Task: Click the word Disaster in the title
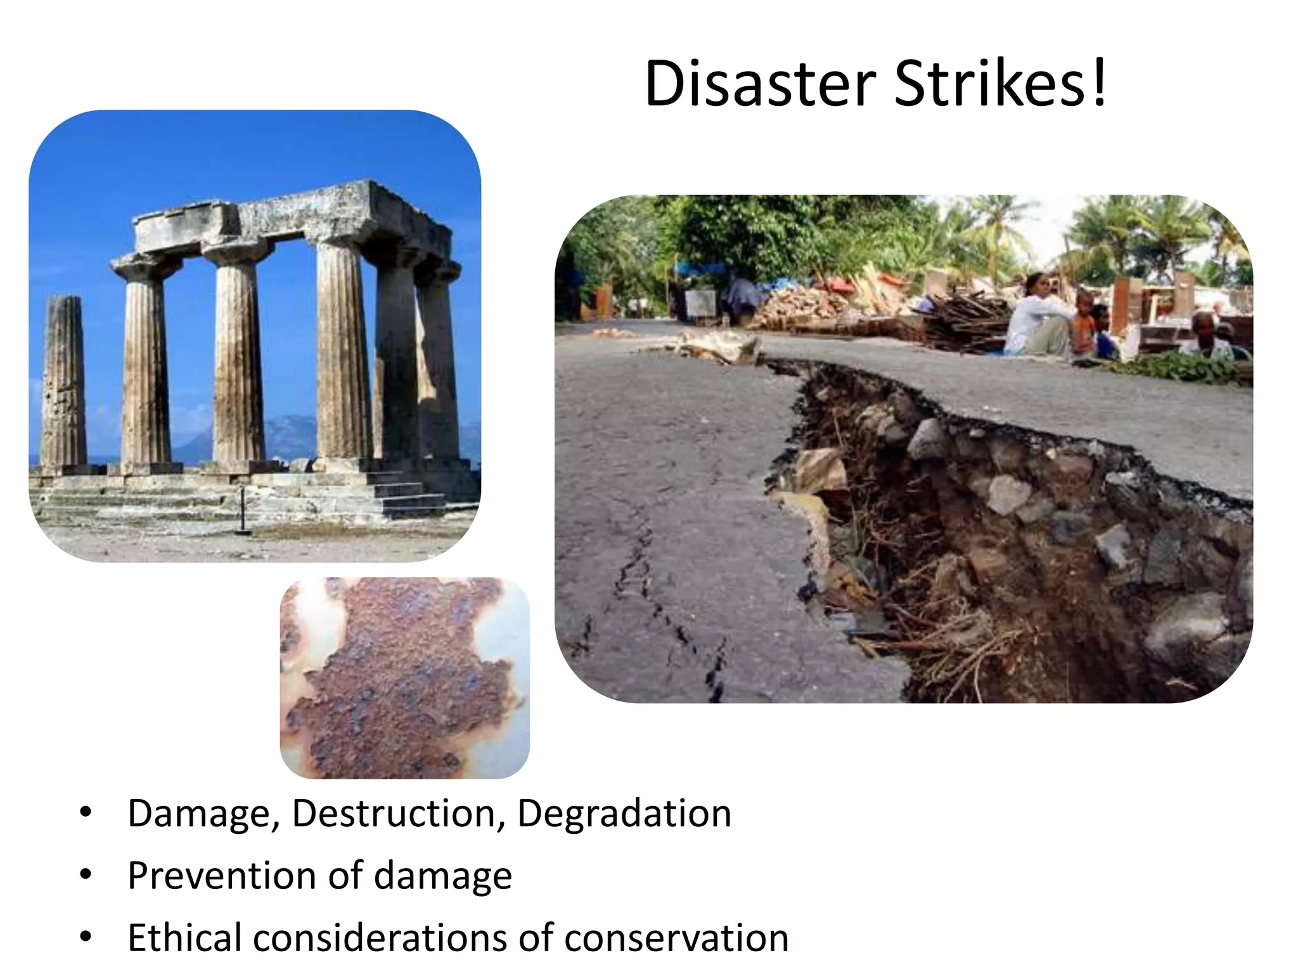[x=760, y=84]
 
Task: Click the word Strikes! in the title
[x=1001, y=84]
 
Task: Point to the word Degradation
[x=624, y=814]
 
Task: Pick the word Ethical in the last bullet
[x=184, y=938]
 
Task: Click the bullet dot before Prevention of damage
[x=86, y=876]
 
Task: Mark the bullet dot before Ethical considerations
[x=86, y=937]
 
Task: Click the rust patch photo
[x=404, y=677]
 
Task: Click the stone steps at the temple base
[x=406, y=495]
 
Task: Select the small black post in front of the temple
[x=241, y=510]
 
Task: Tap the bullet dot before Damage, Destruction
[x=86, y=812]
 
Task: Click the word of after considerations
[x=536, y=938]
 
